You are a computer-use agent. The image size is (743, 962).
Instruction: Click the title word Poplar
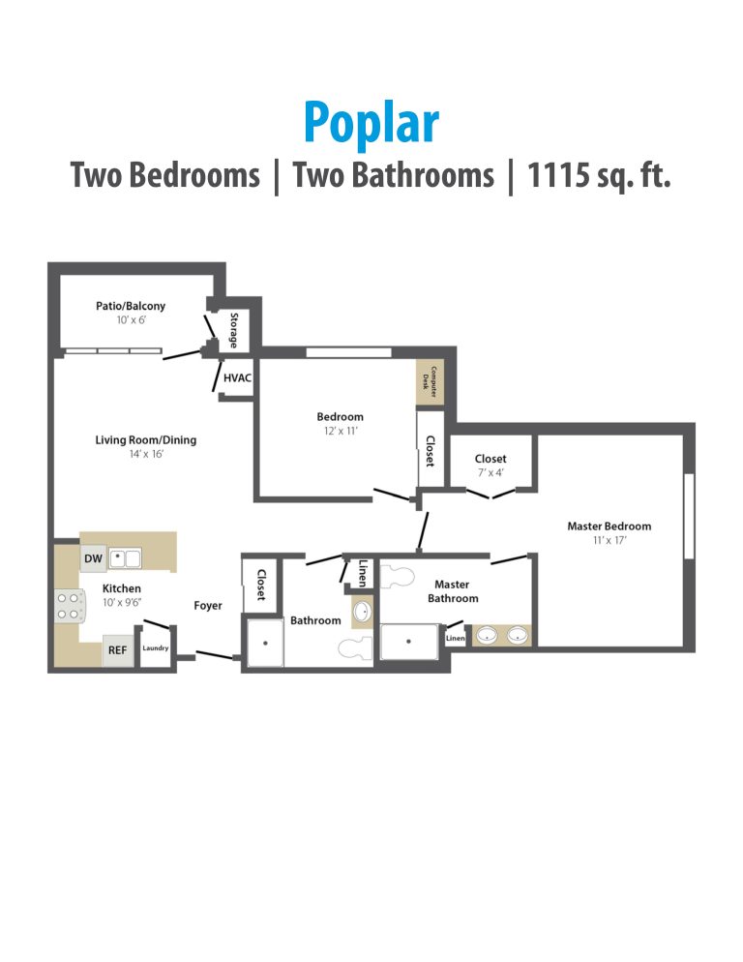[x=371, y=124]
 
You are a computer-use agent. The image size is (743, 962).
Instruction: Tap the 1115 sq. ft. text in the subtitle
[x=599, y=176]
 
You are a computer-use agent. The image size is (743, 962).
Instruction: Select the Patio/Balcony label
[x=130, y=306]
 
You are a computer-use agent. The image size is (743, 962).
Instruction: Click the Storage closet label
[x=234, y=331]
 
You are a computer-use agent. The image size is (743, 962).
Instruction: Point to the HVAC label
[x=237, y=377]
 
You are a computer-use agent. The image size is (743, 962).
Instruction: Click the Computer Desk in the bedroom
[x=434, y=382]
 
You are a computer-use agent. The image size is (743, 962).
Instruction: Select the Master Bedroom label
[x=609, y=526]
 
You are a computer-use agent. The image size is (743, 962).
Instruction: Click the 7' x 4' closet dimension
[x=490, y=473]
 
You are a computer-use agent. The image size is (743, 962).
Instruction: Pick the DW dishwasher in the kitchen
[x=93, y=558]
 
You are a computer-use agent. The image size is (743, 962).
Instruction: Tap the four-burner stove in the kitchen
[x=68, y=606]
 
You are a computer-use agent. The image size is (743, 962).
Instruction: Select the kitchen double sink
[x=125, y=558]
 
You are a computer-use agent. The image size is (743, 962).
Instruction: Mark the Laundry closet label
[x=155, y=648]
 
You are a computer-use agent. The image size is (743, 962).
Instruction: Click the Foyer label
[x=207, y=606]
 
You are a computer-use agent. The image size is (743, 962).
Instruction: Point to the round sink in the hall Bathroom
[x=362, y=613]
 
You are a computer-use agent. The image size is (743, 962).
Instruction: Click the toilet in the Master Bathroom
[x=398, y=578]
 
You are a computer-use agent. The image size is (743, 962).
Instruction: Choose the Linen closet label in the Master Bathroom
[x=456, y=638]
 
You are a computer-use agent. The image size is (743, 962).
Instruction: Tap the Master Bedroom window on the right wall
[x=689, y=515]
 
